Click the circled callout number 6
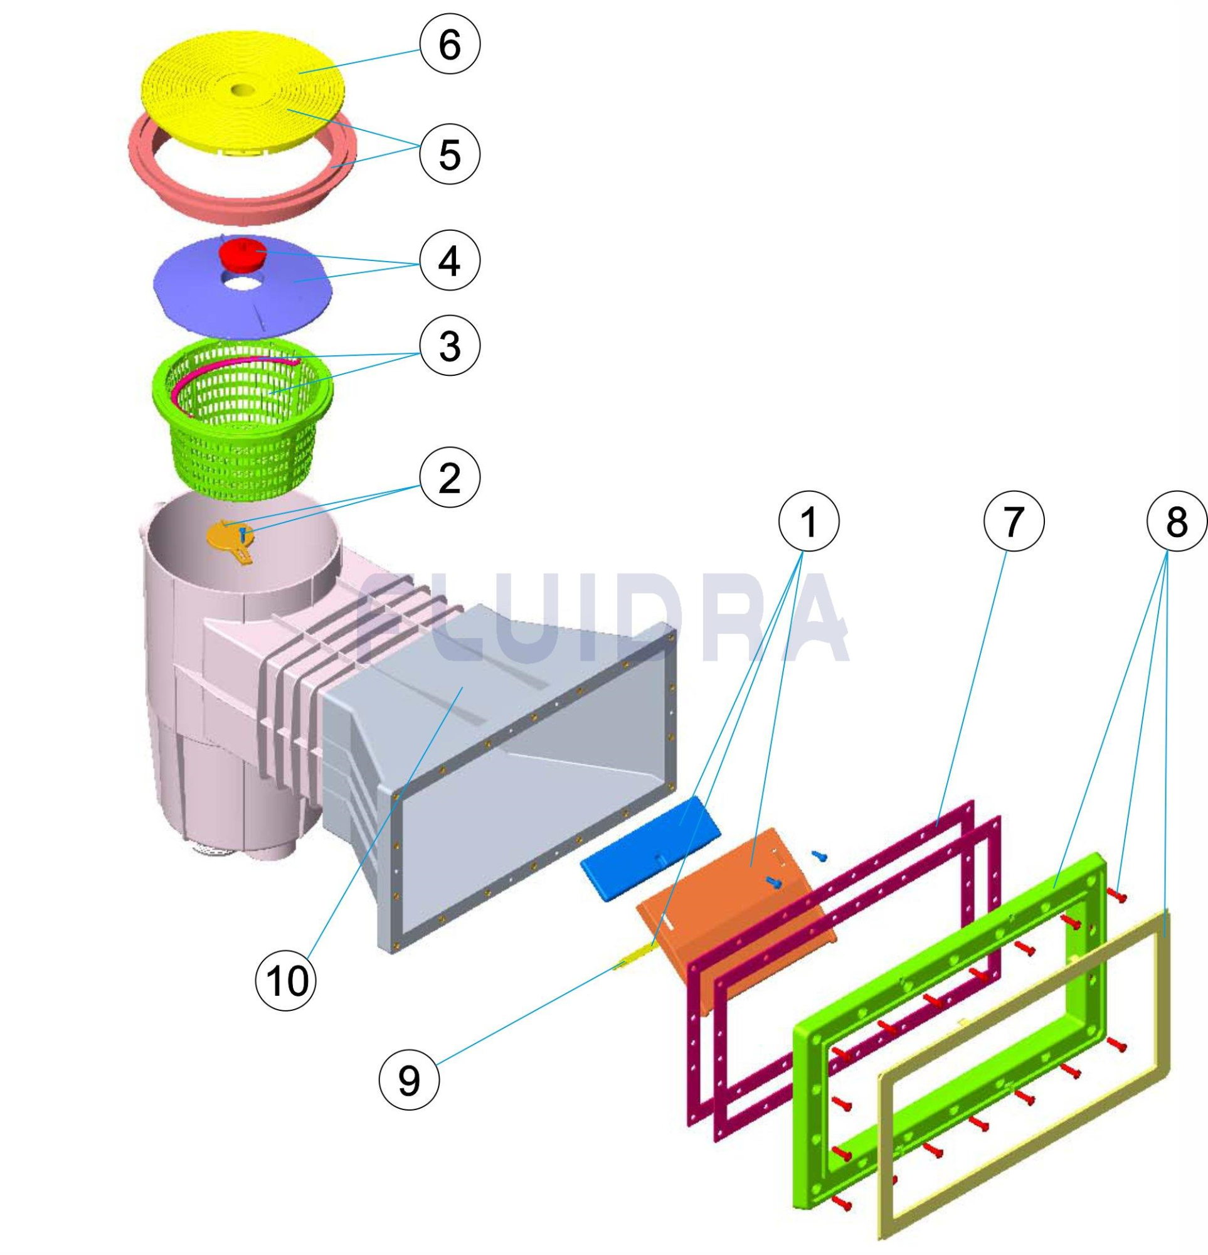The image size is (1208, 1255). (x=450, y=45)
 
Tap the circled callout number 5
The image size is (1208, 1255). (x=450, y=154)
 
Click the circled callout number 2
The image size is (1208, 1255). (x=450, y=478)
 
